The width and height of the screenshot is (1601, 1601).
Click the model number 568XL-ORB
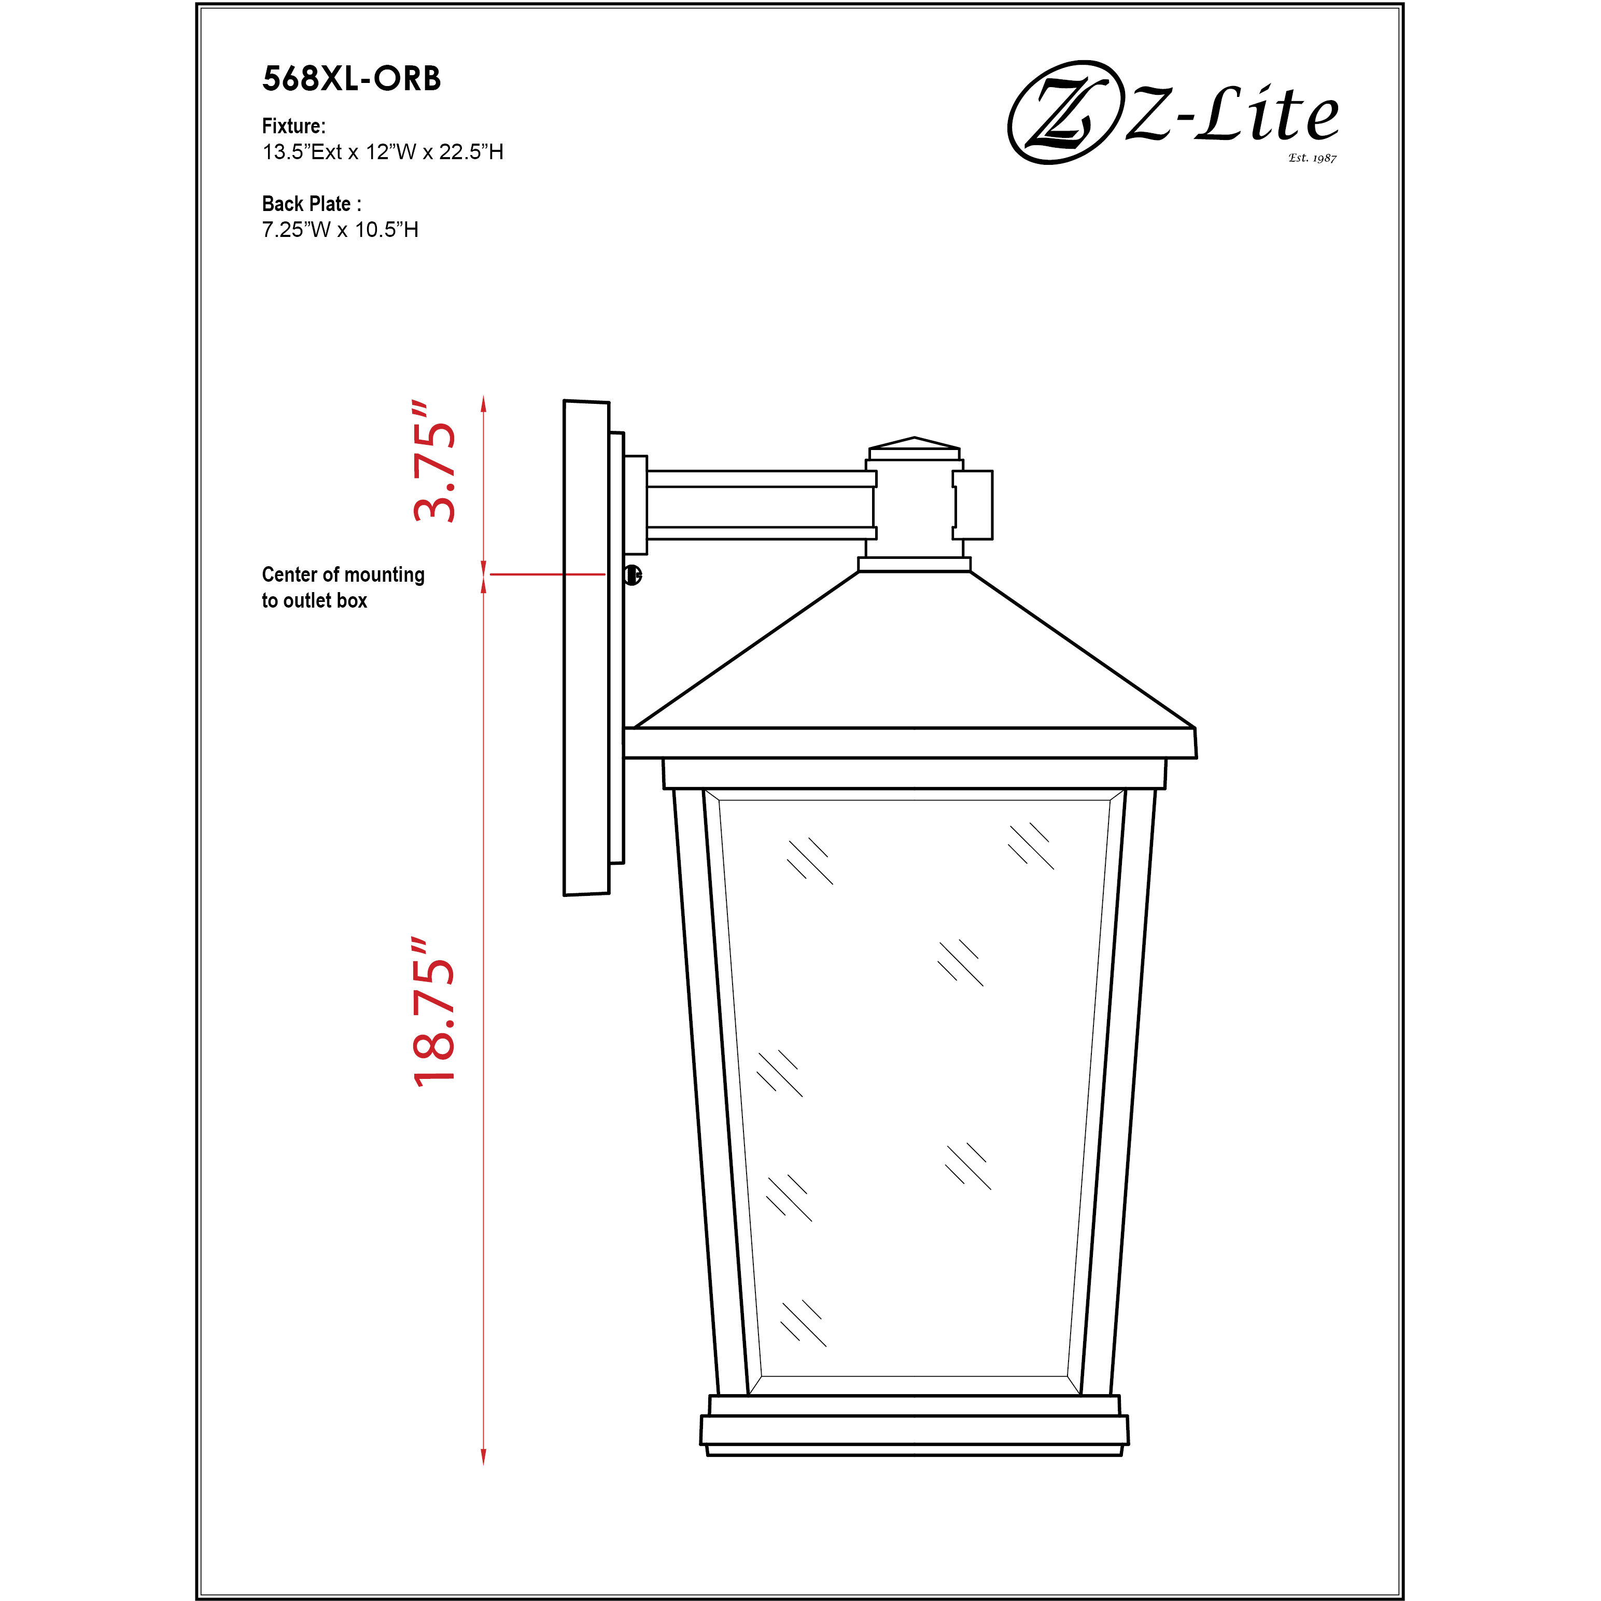click(x=352, y=79)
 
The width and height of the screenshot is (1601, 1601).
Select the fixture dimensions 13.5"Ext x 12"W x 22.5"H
click(x=383, y=152)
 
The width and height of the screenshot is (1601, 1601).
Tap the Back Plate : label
click(x=312, y=204)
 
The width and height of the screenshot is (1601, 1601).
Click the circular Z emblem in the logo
click(x=1061, y=112)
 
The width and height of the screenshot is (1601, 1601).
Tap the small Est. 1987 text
click(x=1313, y=158)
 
